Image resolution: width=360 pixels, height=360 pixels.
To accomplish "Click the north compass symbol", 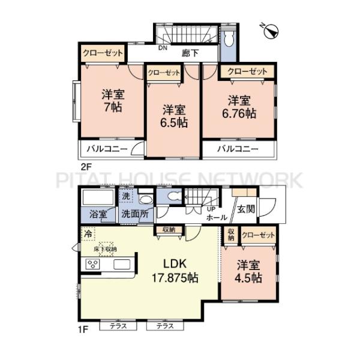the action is click(x=271, y=31).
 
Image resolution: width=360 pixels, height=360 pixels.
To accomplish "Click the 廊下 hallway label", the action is click(x=190, y=53).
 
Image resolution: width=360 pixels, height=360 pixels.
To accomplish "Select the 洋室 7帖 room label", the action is click(x=113, y=101).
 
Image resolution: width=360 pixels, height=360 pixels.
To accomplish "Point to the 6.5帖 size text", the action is click(x=174, y=123).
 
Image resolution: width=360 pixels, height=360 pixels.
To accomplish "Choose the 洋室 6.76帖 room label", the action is click(x=239, y=107).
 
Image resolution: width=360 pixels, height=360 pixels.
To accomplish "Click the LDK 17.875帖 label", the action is click(x=175, y=271).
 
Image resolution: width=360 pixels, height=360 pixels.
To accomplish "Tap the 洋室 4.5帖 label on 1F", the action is click(x=248, y=271).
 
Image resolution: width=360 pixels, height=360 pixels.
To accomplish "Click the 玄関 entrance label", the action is click(x=246, y=209).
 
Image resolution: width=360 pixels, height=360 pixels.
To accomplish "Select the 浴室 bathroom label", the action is click(x=98, y=214).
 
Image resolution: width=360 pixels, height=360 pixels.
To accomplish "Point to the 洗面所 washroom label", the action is click(x=135, y=214).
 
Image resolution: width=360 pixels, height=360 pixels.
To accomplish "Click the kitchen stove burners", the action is click(x=93, y=264).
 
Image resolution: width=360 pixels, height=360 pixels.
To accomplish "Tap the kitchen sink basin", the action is click(x=122, y=264).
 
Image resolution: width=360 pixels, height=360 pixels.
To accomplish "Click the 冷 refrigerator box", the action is click(x=88, y=234).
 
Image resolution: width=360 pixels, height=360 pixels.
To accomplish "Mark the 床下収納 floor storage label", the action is click(x=106, y=249).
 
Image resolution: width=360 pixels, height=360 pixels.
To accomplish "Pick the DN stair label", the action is click(x=163, y=48).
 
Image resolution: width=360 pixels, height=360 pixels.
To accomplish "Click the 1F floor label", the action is click(x=83, y=330).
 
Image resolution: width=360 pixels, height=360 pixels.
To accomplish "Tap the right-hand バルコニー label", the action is click(x=238, y=149).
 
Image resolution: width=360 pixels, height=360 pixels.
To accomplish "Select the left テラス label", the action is click(x=118, y=326).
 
